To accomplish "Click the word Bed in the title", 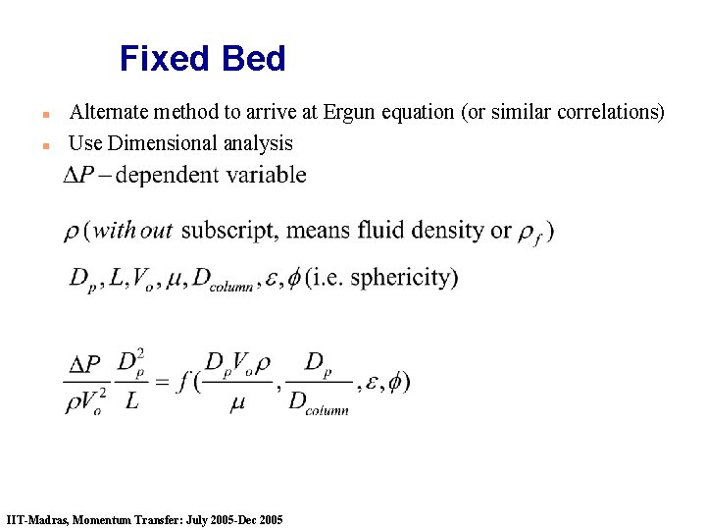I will click(253, 59).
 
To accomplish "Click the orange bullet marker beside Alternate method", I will click(45, 114).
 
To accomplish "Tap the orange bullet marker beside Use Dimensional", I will click(45, 145).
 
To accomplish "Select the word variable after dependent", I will click(269, 176).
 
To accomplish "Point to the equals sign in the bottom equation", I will click(164, 382).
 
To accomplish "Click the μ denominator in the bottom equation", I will click(237, 403).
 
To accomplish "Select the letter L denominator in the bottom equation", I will click(132, 403).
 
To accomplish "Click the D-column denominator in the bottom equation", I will click(319, 403).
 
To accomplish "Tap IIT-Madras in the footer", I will click(35, 519).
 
